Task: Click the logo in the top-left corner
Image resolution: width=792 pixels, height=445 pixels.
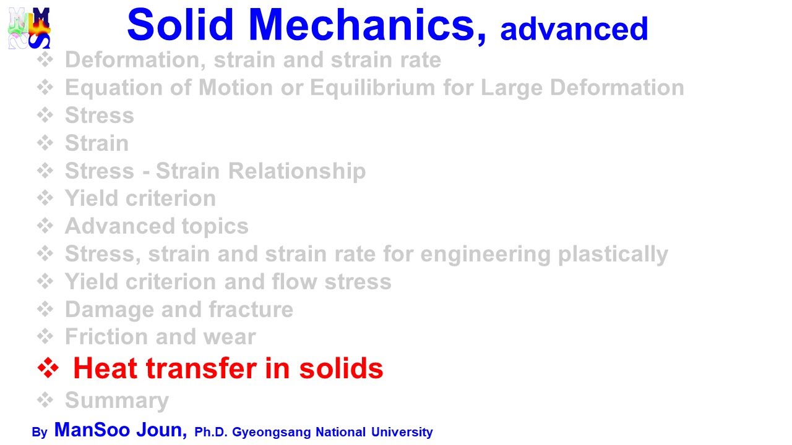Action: click(x=29, y=28)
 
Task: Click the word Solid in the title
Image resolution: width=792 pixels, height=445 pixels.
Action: click(x=180, y=25)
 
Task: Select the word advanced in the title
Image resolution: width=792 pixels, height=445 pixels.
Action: click(x=574, y=29)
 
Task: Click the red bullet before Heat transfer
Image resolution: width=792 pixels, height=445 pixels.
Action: click(x=48, y=368)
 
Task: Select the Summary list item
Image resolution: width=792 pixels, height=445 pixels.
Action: click(x=116, y=400)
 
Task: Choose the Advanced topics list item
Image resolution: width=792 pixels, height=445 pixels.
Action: click(x=157, y=226)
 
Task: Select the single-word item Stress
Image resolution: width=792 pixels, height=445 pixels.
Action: click(x=99, y=116)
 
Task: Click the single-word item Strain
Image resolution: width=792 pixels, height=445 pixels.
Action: click(x=97, y=143)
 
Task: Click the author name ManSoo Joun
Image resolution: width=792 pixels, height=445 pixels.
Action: click(x=121, y=430)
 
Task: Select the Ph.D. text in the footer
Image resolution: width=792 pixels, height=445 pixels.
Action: click(x=212, y=432)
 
